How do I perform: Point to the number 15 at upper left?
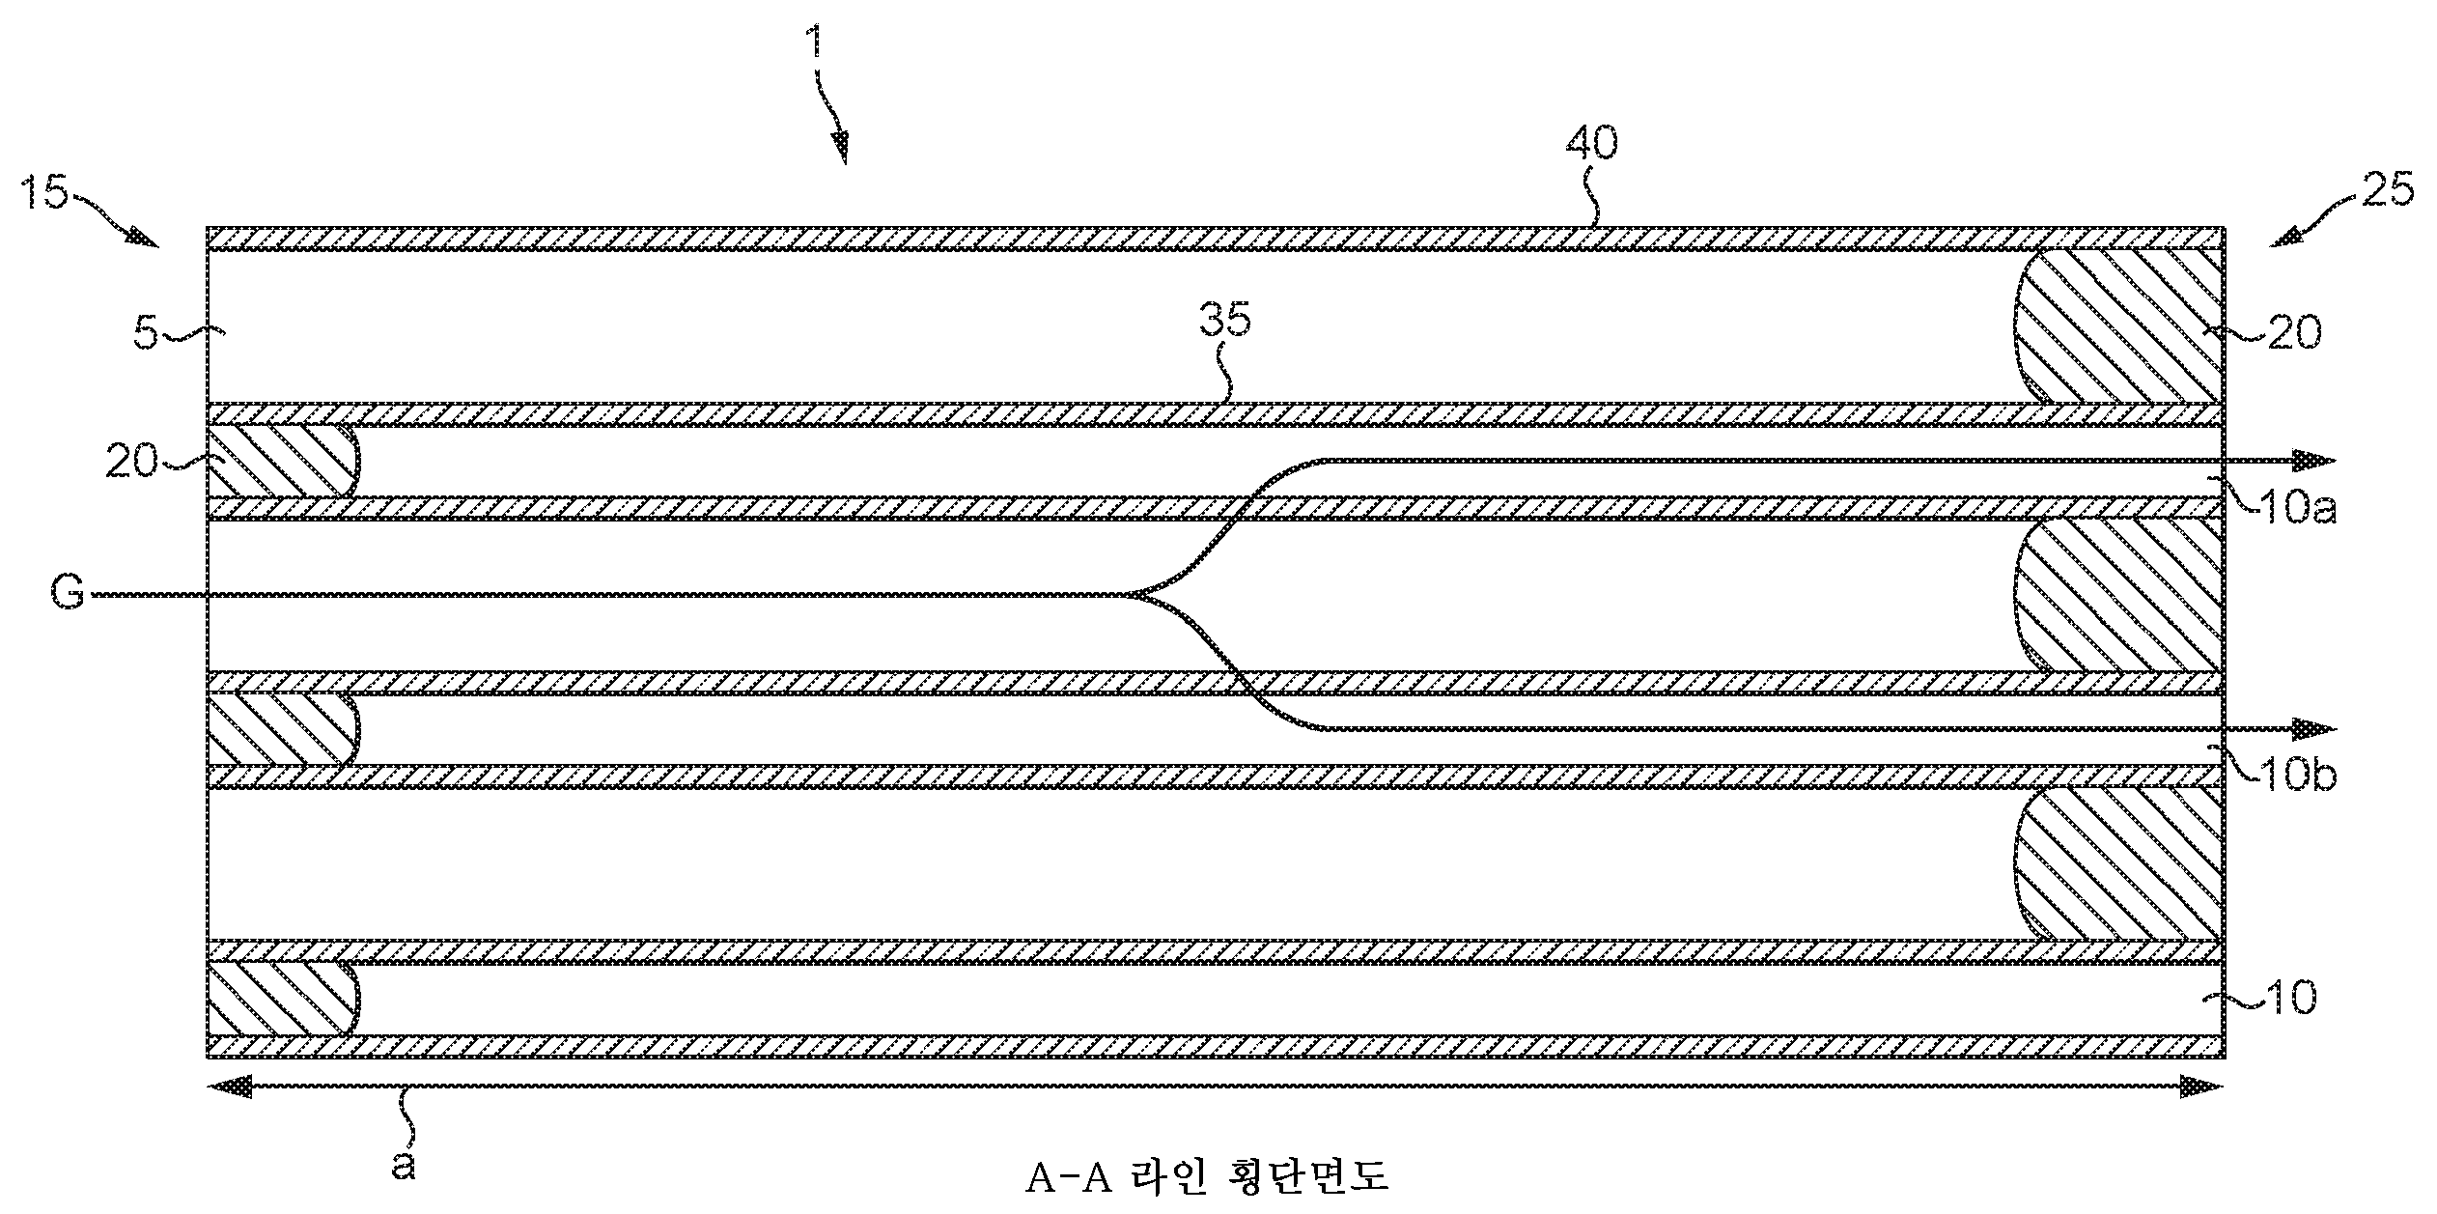[x=43, y=194]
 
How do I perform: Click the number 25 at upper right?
[x=2386, y=190]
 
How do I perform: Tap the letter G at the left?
[x=68, y=593]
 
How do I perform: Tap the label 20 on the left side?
[x=130, y=463]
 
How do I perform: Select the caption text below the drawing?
[x=1207, y=1177]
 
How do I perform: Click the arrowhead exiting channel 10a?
[x=2314, y=461]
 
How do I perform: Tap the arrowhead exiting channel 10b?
[x=2314, y=728]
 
